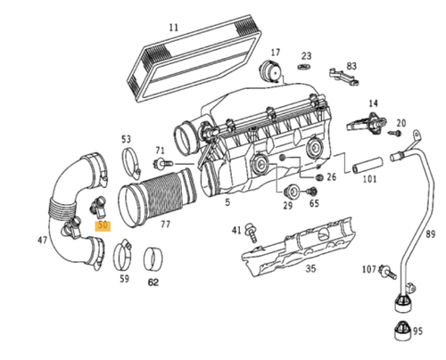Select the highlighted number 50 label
click(104, 226)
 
